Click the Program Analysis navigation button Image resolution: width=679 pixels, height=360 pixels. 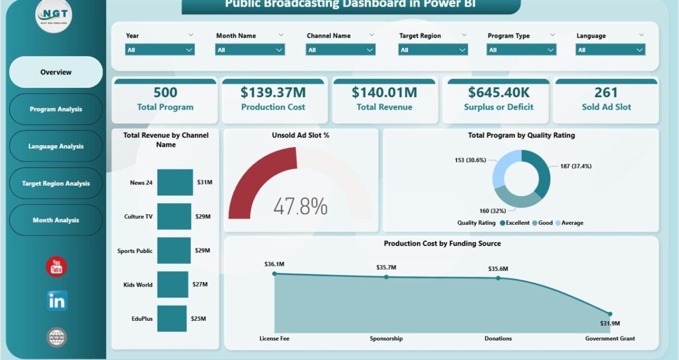pos(56,109)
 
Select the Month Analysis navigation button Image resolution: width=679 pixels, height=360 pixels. pos(56,220)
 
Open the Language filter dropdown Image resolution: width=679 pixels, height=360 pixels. pos(610,50)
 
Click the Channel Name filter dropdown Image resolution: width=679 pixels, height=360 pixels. pos(341,50)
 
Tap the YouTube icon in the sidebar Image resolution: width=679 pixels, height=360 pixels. pos(56,267)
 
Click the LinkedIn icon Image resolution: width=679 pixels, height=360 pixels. pos(57,301)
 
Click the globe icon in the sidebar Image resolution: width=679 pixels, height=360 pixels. pos(57,337)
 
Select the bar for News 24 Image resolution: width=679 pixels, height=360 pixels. pos(175,182)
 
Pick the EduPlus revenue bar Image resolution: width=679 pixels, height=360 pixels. pos(172,319)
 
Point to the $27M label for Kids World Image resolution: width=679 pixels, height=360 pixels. pos(199,284)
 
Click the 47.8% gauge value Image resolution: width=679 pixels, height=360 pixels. pos(300,206)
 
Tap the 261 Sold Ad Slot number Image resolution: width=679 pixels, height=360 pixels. pos(606,93)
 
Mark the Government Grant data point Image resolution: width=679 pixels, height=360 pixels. pos(610,314)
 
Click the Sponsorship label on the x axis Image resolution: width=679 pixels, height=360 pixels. pos(386,338)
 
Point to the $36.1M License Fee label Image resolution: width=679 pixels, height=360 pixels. pos(274,264)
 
